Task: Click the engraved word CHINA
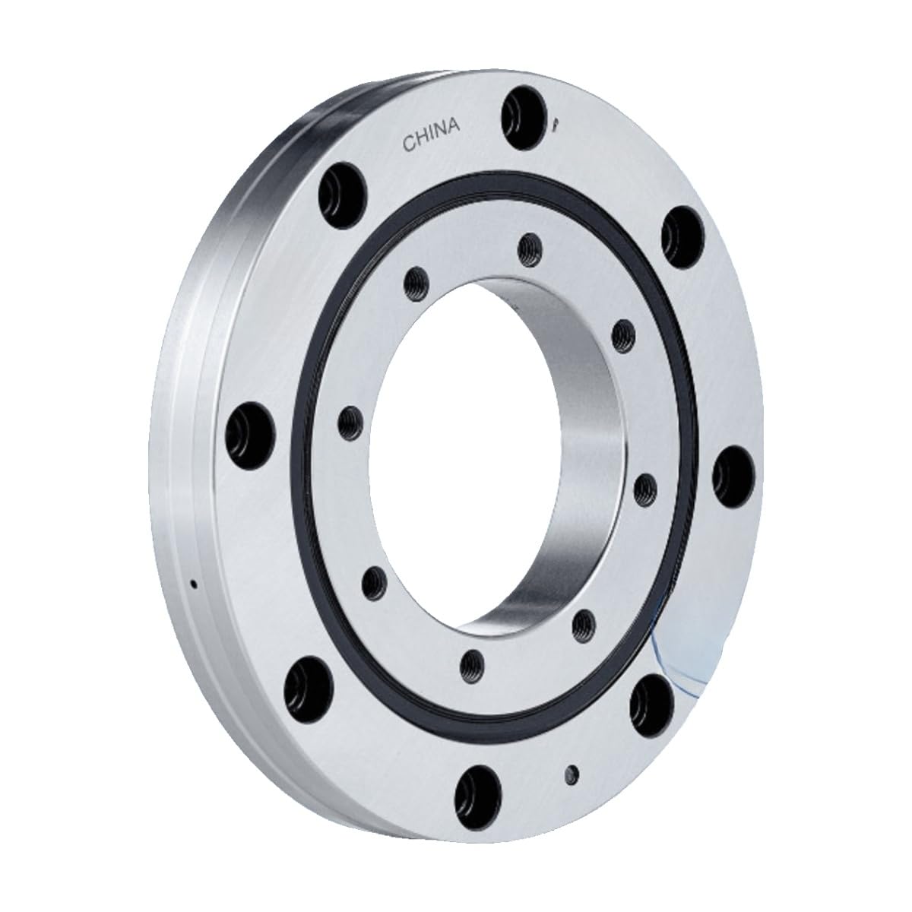pyautogui.click(x=431, y=135)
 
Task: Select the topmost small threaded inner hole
pyautogui.click(x=530, y=250)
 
